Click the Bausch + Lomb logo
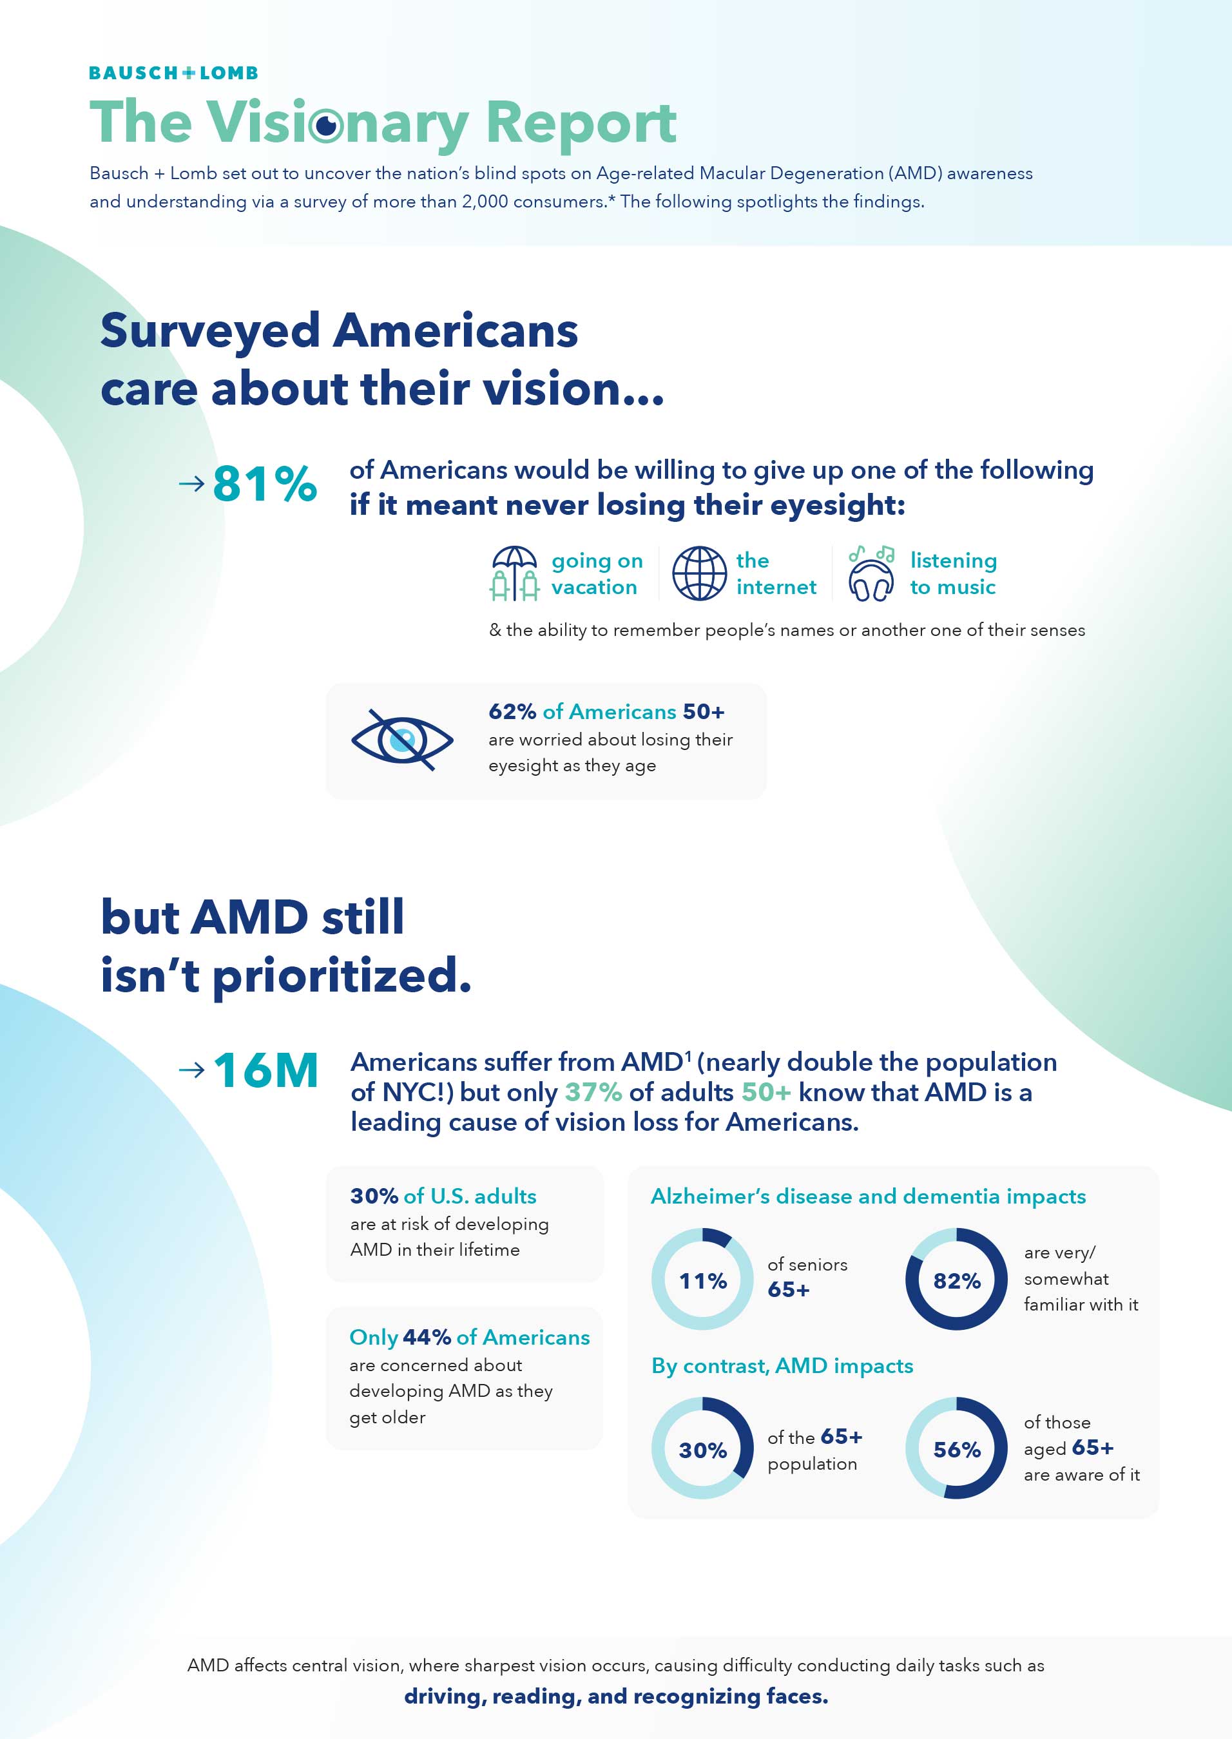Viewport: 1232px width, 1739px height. pyautogui.click(x=174, y=73)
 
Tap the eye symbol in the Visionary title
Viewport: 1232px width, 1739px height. pyautogui.click(x=327, y=125)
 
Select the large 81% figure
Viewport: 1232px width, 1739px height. pyautogui.click(x=264, y=483)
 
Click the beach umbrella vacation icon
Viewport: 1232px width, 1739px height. pyautogui.click(x=514, y=573)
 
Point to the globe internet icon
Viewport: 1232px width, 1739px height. pyautogui.click(x=700, y=573)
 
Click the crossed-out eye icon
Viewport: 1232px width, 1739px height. pyautogui.click(x=402, y=740)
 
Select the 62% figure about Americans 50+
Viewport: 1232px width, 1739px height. pyautogui.click(x=512, y=711)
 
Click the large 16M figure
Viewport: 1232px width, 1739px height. pyautogui.click(x=265, y=1070)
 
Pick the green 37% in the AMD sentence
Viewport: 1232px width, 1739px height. pyautogui.click(x=593, y=1091)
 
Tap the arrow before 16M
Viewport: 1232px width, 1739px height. pyautogui.click(x=191, y=1070)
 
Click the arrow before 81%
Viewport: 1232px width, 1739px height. pyautogui.click(x=191, y=483)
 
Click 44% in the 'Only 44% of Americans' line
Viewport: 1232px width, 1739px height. pyautogui.click(x=427, y=1337)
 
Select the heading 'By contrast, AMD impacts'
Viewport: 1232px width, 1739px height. pyautogui.click(x=782, y=1366)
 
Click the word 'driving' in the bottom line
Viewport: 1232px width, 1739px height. pyautogui.click(x=445, y=1696)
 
